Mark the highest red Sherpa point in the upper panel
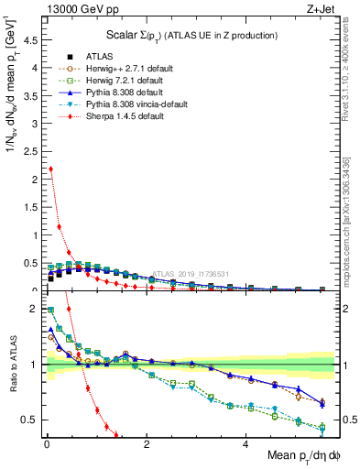[50, 169]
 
